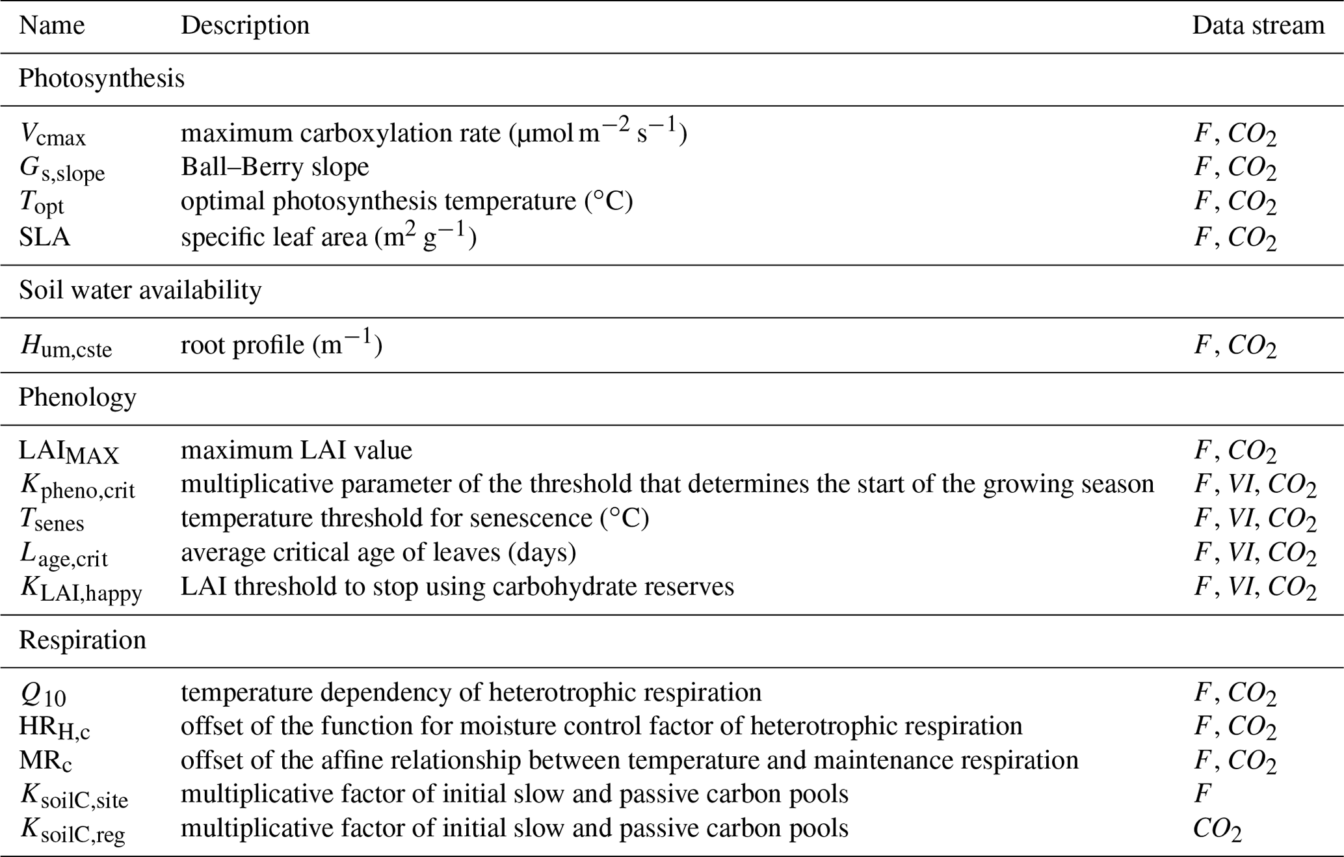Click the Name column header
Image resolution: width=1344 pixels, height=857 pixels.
pos(51,26)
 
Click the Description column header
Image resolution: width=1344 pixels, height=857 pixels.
pos(244,26)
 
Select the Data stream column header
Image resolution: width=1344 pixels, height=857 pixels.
pos(1258,26)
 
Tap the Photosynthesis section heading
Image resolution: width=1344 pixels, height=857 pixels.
pos(101,79)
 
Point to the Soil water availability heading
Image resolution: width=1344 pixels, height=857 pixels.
pos(140,290)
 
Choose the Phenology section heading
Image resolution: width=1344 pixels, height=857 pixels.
pos(77,397)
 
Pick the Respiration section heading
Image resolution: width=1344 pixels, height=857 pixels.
pos(83,640)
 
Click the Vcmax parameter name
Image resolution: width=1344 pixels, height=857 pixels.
pos(53,134)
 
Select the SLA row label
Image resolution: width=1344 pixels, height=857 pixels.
pos(44,237)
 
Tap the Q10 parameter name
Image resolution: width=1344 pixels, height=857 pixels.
pos(43,694)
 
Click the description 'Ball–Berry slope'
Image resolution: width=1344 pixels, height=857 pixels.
pos(274,167)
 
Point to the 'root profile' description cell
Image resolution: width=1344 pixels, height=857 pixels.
pos(281,345)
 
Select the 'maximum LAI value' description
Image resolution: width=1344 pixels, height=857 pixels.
pos(296,451)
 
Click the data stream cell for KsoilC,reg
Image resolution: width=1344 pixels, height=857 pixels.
pos(1217,829)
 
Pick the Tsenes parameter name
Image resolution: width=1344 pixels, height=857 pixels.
pos(52,520)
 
